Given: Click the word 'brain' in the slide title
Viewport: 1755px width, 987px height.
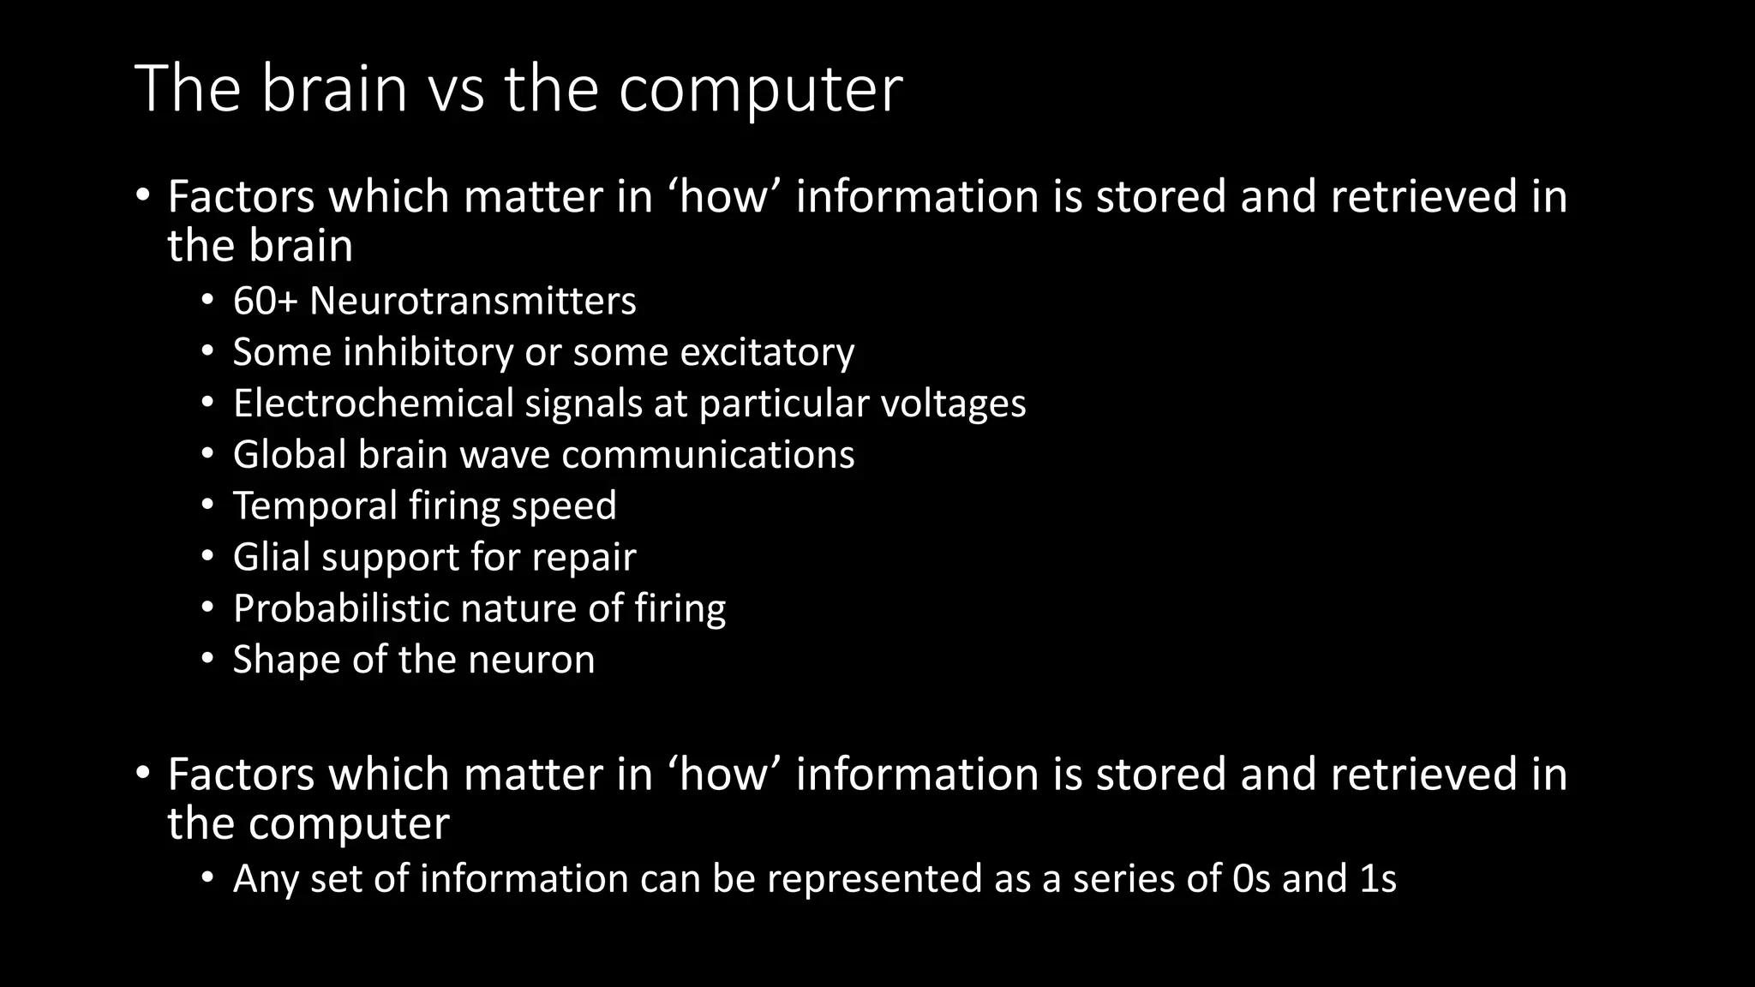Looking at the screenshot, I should pyautogui.click(x=333, y=88).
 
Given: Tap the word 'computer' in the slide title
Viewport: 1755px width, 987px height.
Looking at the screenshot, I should pyautogui.click(x=760, y=90).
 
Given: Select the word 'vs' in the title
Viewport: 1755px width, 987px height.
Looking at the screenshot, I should pyautogui.click(x=456, y=90).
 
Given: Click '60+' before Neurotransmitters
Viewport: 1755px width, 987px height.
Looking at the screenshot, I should pyautogui.click(x=265, y=301).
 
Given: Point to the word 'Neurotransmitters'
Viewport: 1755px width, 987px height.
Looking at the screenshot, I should pyautogui.click(x=473, y=301).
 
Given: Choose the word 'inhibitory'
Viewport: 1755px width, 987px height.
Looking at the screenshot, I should pyautogui.click(x=428, y=352).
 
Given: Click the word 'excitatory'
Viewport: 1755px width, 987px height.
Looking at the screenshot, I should pyautogui.click(x=767, y=352).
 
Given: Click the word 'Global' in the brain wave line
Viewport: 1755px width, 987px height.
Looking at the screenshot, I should pyautogui.click(x=290, y=454).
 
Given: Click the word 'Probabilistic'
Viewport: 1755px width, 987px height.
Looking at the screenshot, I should pyautogui.click(x=341, y=608).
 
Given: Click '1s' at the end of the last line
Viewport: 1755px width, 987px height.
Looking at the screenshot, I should pyautogui.click(x=1378, y=879).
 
